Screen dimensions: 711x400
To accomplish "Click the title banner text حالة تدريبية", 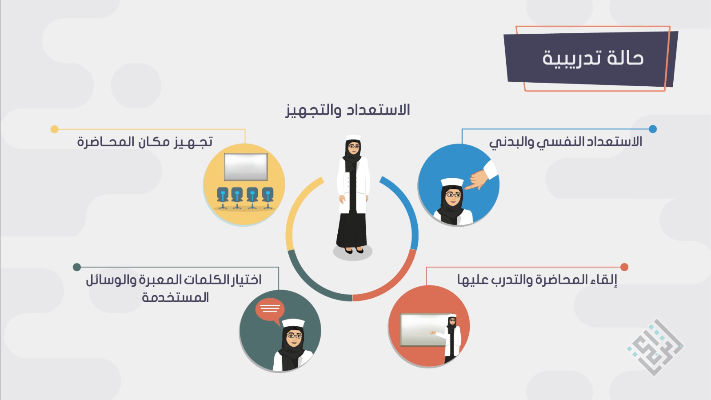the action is (593, 58).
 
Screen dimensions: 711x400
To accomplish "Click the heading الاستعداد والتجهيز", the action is (348, 110).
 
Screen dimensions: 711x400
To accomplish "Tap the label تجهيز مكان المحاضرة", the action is (145, 142).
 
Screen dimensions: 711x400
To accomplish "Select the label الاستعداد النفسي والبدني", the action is (566, 142).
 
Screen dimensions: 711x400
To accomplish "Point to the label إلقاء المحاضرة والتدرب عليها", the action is (537, 280).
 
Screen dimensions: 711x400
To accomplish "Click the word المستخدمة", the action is (175, 297).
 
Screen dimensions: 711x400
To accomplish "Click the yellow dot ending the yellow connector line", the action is (55, 129).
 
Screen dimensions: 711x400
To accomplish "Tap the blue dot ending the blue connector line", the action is (653, 129).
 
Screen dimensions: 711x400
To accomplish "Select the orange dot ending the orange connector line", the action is (624, 267).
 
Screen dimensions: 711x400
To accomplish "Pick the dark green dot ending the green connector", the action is (77, 267).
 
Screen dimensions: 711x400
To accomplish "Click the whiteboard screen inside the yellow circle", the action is (246, 167).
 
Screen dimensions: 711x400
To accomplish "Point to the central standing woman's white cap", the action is (353, 138).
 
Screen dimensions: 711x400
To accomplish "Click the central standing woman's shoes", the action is (354, 251).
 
